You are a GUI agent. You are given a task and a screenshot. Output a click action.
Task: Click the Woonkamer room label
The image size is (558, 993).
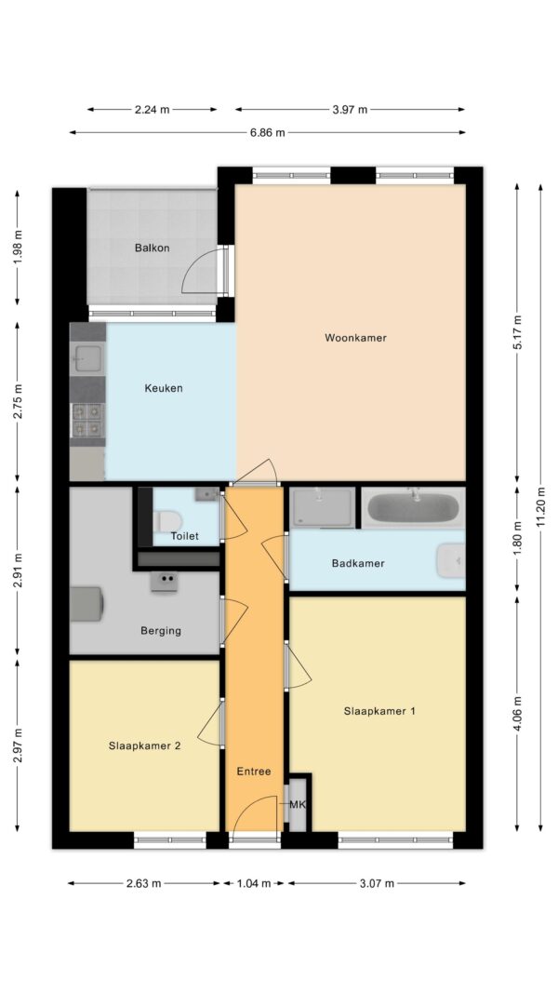tap(355, 338)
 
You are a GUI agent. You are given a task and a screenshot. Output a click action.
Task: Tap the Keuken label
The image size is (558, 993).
tap(164, 388)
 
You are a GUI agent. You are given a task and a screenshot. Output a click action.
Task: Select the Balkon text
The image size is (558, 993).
tap(152, 248)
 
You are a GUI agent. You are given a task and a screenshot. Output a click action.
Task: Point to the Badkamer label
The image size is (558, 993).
tap(358, 563)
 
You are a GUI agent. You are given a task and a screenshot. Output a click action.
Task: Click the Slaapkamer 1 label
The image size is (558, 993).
tap(379, 711)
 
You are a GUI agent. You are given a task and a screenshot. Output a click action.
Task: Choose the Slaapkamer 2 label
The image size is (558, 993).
tap(144, 745)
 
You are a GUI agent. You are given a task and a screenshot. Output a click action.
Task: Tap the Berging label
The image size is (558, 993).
tap(161, 630)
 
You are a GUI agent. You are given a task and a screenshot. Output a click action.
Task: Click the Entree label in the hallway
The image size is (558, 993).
tap(254, 771)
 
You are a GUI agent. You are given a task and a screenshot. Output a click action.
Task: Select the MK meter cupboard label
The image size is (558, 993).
tap(298, 805)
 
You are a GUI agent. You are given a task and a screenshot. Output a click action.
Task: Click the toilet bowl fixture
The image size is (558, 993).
tap(167, 521)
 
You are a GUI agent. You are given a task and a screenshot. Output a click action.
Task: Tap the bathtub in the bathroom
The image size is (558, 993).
tap(413, 508)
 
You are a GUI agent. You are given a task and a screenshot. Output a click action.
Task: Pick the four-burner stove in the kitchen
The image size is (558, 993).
tap(86, 421)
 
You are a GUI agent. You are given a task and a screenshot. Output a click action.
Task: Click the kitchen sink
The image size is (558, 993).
tap(86, 359)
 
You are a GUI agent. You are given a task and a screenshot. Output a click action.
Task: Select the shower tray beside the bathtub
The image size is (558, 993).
tap(323, 507)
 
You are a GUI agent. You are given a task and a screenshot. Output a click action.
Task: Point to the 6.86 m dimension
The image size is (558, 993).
tap(268, 132)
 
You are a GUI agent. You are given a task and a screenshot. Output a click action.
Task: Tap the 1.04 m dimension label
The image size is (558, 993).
tap(253, 883)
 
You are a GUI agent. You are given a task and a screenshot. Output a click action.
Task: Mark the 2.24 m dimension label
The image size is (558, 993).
tap(152, 110)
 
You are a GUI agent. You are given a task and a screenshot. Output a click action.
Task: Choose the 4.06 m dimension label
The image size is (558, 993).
tap(517, 714)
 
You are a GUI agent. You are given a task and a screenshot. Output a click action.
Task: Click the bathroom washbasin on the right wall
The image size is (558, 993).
tap(451, 560)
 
